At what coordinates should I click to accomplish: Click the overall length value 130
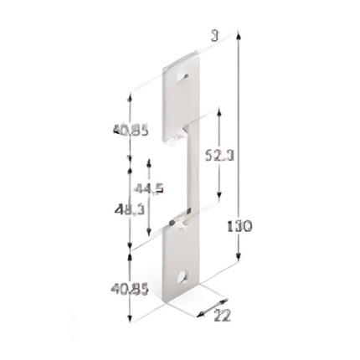click(x=239, y=225)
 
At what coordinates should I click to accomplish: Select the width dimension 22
click(x=222, y=316)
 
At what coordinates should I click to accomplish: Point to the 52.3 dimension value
click(x=219, y=155)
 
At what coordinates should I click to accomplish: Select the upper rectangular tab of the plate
click(x=184, y=92)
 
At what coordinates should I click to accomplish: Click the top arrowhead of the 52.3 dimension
click(x=219, y=110)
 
